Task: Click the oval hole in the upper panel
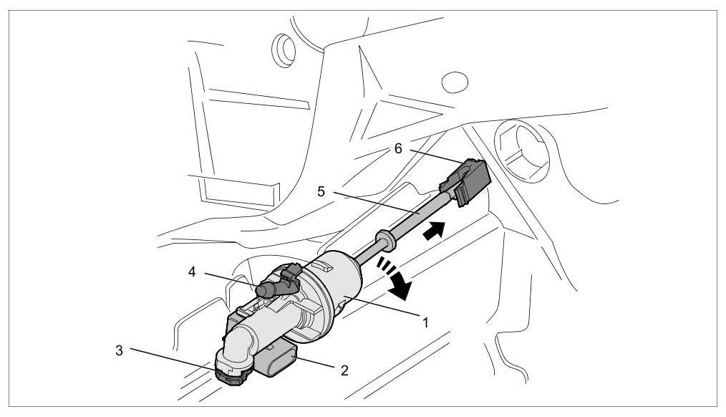click(x=454, y=82)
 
